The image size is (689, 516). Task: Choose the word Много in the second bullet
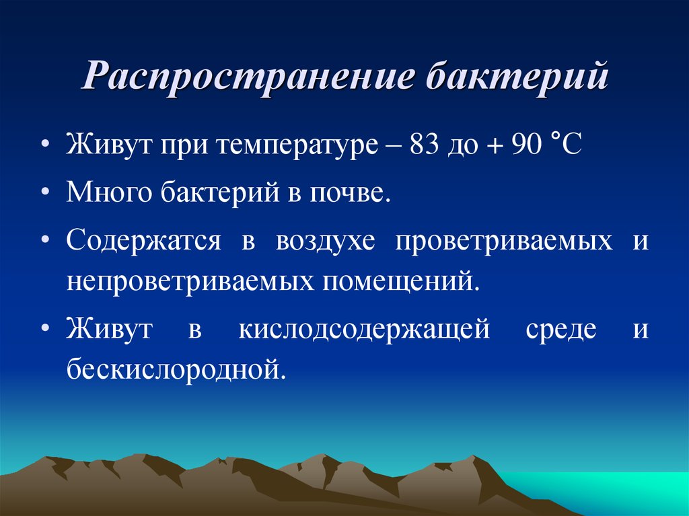tap(111, 194)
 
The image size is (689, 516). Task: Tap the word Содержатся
tap(143, 241)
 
